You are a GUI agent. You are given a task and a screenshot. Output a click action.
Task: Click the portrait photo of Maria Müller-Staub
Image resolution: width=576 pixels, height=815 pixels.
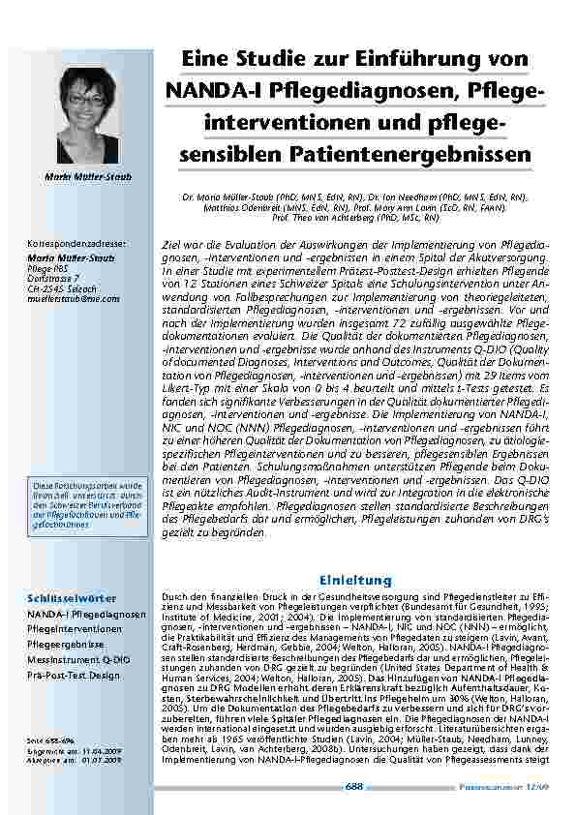tap(86, 117)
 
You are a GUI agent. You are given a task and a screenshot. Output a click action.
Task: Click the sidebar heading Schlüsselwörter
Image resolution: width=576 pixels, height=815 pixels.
tap(73, 597)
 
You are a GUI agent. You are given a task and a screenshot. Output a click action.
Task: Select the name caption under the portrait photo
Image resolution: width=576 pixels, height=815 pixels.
tap(86, 176)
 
